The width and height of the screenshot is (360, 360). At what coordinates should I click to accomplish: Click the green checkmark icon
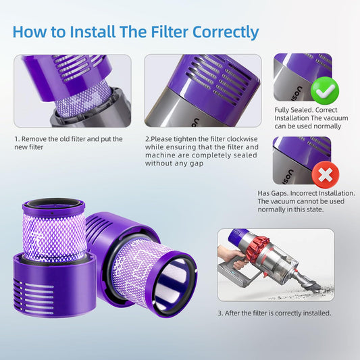pyautogui.click(x=325, y=91)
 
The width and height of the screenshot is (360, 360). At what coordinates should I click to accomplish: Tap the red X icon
pyautogui.click(x=326, y=174)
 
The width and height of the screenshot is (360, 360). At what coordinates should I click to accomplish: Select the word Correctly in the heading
pyautogui.click(x=226, y=32)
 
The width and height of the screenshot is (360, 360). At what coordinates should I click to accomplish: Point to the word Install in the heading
pyautogui.click(x=93, y=32)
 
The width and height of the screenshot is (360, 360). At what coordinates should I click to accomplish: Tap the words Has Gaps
pyautogui.click(x=272, y=193)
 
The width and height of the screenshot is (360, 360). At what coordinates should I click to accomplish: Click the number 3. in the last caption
pyautogui.click(x=220, y=313)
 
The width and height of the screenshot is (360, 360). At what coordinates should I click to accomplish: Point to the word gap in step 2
pyautogui.click(x=197, y=163)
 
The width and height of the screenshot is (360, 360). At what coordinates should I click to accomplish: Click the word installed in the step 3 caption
pyautogui.click(x=317, y=313)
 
